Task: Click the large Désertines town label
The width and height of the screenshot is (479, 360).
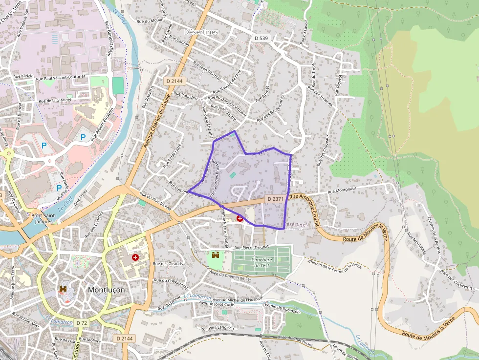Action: pos(201,32)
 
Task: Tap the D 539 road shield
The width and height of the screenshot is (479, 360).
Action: pos(261,38)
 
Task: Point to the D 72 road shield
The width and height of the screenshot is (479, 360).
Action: pos(82,323)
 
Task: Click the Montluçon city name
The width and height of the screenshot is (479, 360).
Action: pos(106,290)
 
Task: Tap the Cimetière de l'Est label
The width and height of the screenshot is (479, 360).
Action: pos(262,263)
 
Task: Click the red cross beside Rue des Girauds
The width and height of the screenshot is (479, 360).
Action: pos(135,257)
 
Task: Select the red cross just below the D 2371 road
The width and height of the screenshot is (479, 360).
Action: pos(240,218)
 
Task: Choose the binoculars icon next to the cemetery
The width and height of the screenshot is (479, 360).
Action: pos(215,254)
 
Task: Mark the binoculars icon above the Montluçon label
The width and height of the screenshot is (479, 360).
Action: pos(63,289)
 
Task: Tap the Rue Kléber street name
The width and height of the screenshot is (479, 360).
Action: pos(23,76)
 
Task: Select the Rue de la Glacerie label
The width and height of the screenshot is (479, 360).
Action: pos(55,100)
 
